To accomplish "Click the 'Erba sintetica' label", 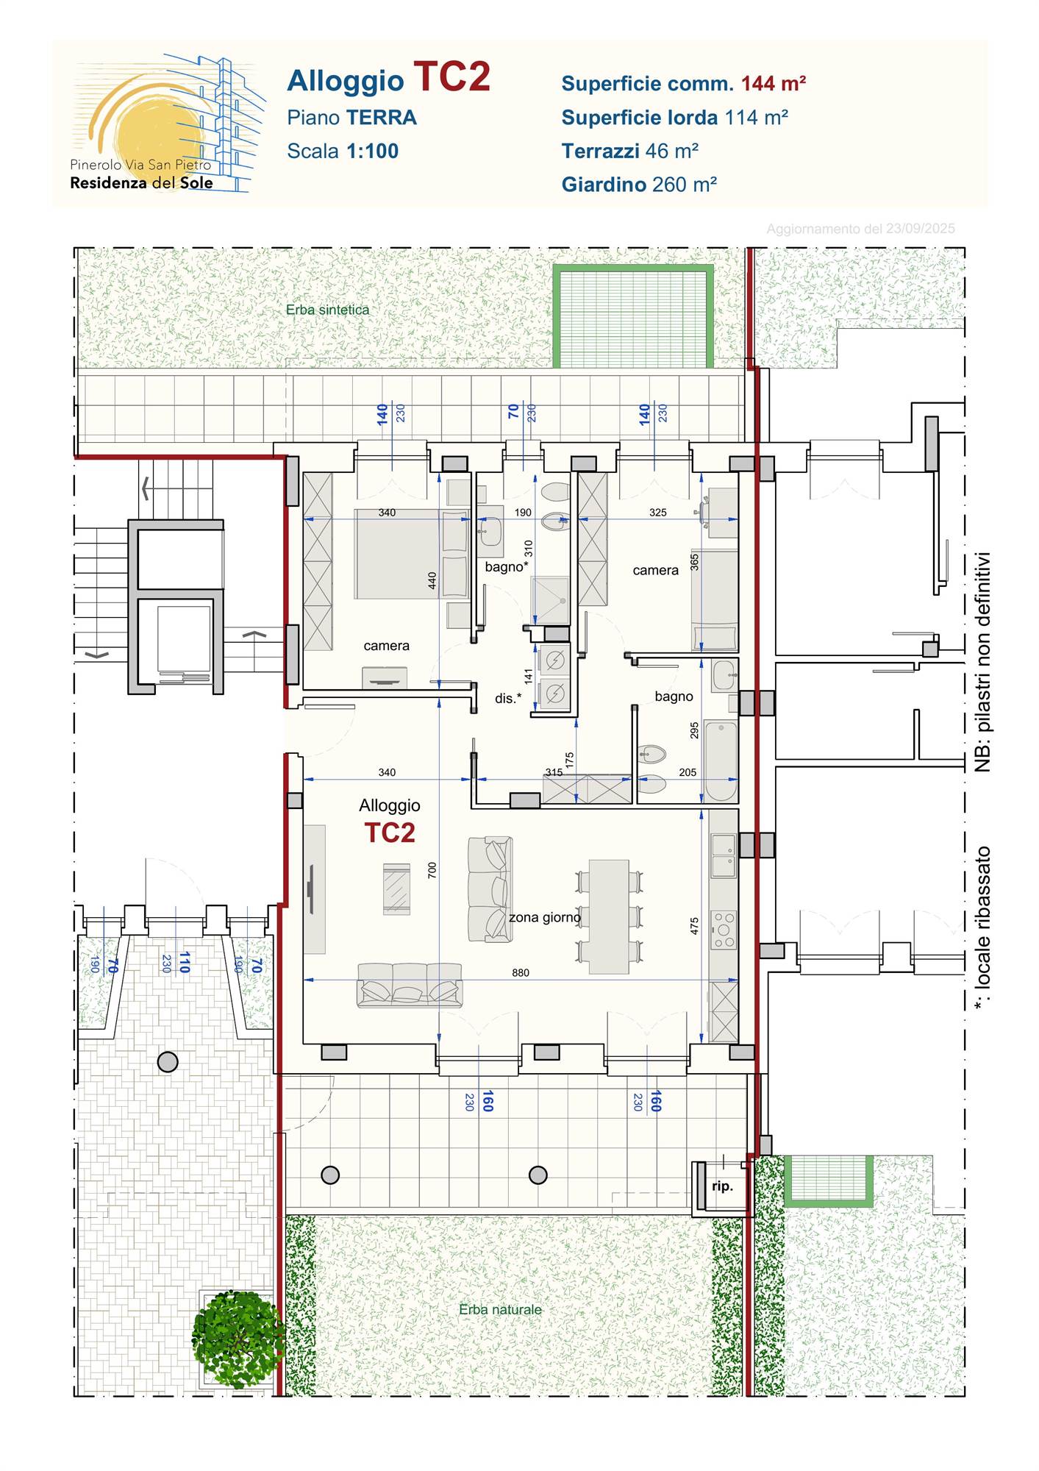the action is pyautogui.click(x=327, y=310).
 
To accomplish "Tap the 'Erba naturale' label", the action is pyautogui.click(x=500, y=1310).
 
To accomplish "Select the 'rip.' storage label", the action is pyautogui.click(x=722, y=1186).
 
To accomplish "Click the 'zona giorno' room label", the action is pyautogui.click(x=545, y=917).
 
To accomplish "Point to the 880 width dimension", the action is pyautogui.click(x=521, y=972).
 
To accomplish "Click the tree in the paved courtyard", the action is pyautogui.click(x=238, y=1339).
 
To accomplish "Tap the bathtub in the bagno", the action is pyautogui.click(x=721, y=761).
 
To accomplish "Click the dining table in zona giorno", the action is pyautogui.click(x=609, y=917).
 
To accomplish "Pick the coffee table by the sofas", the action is pyautogui.click(x=396, y=889).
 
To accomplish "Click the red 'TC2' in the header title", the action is pyautogui.click(x=451, y=76).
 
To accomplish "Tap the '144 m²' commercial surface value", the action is pyautogui.click(x=774, y=83).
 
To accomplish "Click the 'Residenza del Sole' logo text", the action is pyautogui.click(x=141, y=182).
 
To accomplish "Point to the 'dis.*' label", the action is pyautogui.click(x=508, y=698).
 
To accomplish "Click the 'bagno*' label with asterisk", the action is pyautogui.click(x=507, y=566).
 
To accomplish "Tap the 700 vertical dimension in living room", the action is pyautogui.click(x=432, y=870).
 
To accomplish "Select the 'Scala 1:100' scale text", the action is pyautogui.click(x=343, y=151).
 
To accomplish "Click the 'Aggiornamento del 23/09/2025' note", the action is pyautogui.click(x=860, y=229).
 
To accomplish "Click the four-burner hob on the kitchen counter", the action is pyautogui.click(x=724, y=930).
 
